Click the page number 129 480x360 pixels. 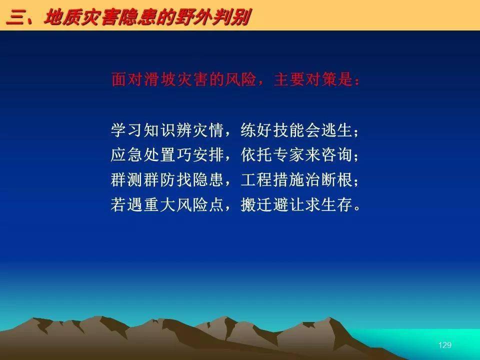(445, 345)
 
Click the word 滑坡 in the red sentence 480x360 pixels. (159, 79)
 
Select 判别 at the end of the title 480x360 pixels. (229, 17)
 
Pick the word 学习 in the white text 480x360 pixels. (126, 130)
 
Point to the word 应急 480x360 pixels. (126, 154)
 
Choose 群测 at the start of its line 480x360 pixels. (126, 179)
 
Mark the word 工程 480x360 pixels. (256, 179)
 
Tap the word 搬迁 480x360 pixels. (256, 204)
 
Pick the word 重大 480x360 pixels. (159, 204)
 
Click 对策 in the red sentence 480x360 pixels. (321, 79)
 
